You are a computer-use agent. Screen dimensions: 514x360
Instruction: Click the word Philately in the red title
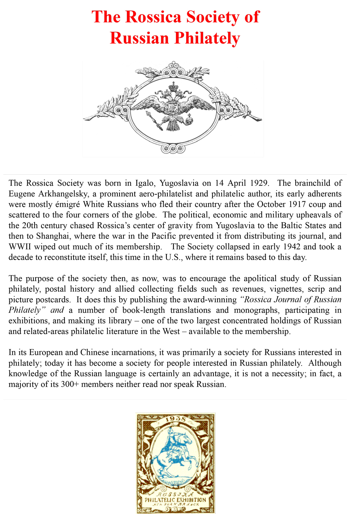[207, 38]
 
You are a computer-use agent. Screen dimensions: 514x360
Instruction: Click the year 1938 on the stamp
[176, 419]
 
